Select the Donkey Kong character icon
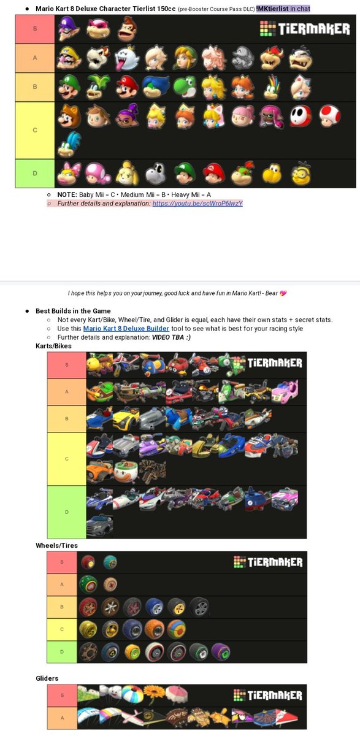126,29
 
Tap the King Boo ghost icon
126,59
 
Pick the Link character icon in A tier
183,59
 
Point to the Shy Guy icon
300,117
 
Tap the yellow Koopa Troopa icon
272,174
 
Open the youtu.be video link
197,204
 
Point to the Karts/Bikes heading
54,347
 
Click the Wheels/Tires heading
57,545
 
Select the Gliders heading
48,678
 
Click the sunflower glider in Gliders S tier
154,695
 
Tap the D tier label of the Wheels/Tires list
61,652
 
